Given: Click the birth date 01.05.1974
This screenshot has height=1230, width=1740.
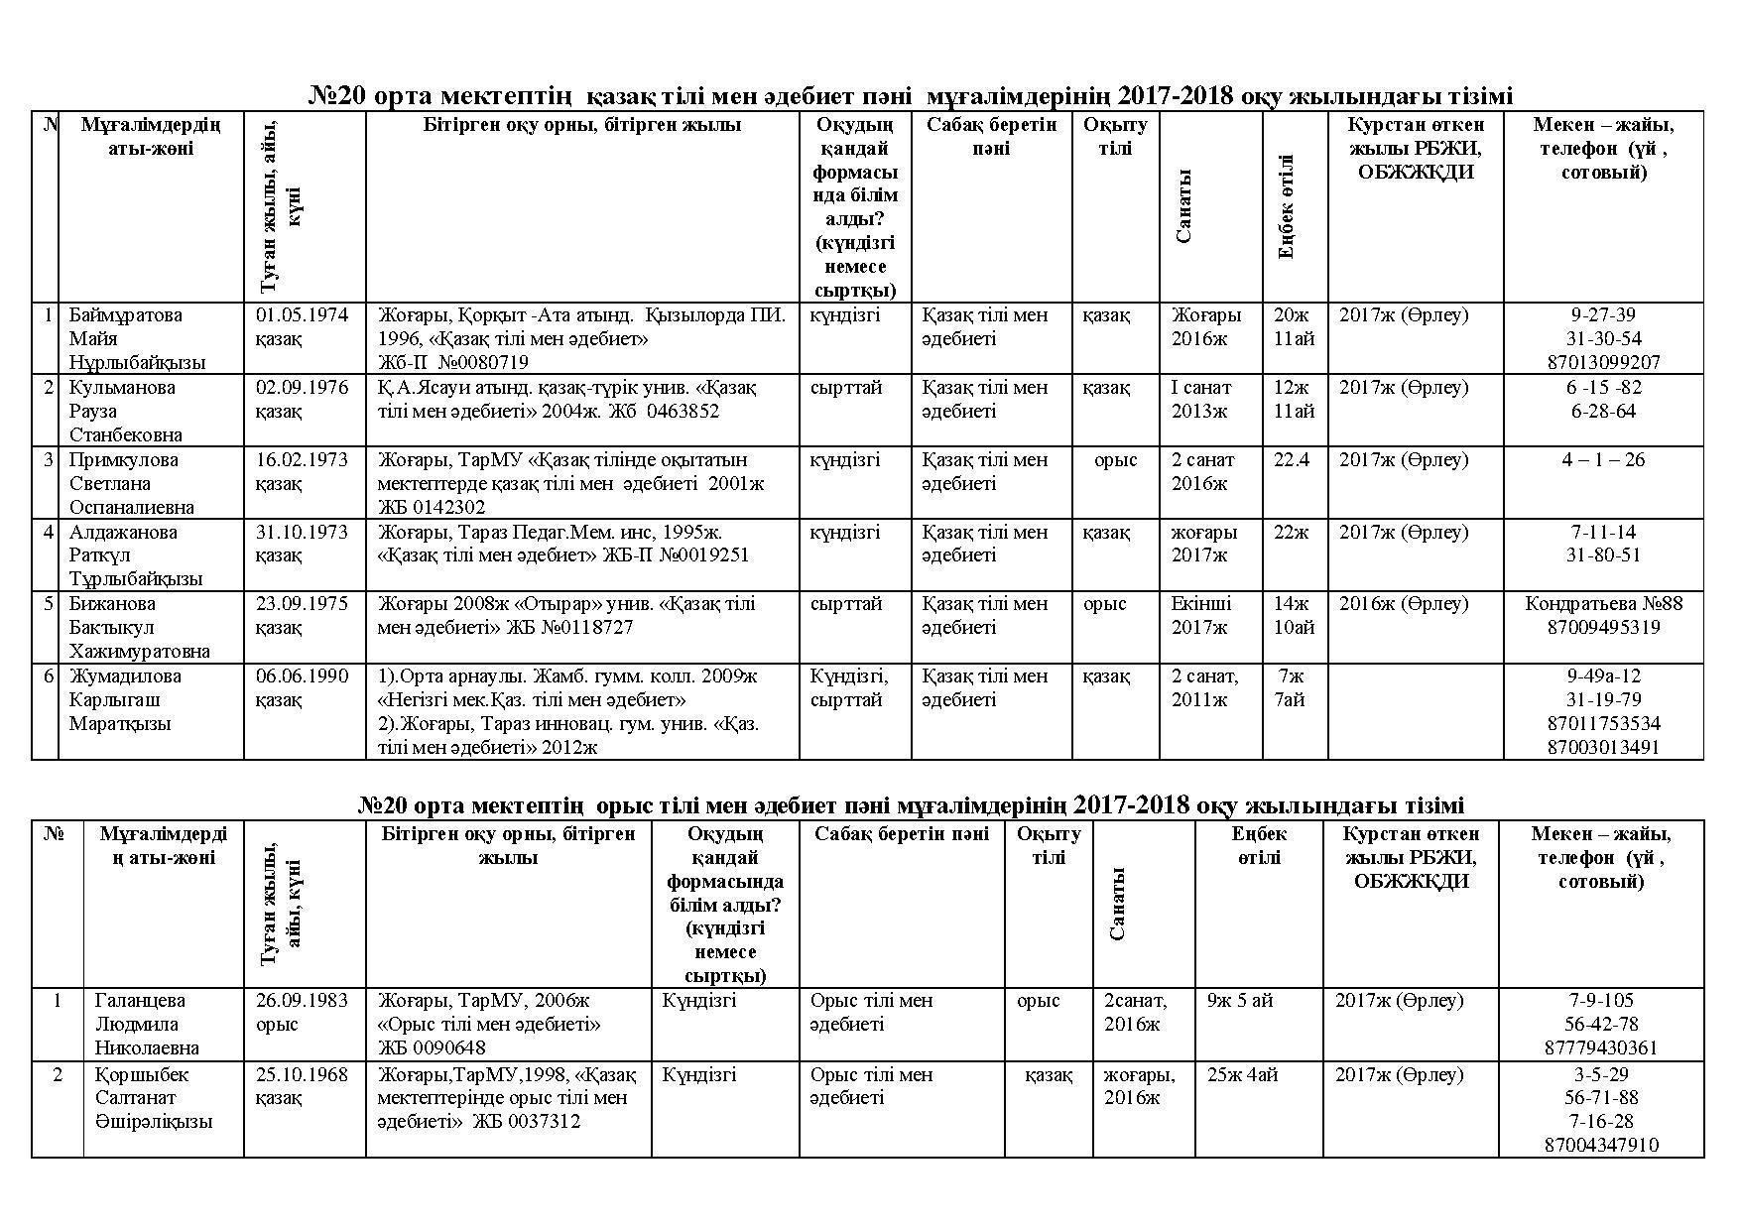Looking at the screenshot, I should tap(302, 315).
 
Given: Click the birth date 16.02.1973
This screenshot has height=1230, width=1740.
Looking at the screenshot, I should tap(302, 460).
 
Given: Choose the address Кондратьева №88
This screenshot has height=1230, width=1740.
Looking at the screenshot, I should tap(1603, 604).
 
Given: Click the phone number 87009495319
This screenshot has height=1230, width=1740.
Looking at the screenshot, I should tap(1603, 628).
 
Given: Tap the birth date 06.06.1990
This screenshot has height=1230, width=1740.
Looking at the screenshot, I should tap(302, 676).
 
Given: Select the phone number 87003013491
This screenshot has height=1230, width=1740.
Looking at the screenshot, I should tap(1603, 748).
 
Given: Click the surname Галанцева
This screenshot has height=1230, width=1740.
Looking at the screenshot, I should tap(140, 1001).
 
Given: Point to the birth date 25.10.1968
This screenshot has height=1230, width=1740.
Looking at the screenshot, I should tap(302, 1075).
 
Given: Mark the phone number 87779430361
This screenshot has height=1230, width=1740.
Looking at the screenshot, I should tap(1601, 1048).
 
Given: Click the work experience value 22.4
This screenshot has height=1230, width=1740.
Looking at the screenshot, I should tap(1292, 460).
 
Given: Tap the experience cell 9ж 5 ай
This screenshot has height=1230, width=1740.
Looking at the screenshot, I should tap(1239, 1001).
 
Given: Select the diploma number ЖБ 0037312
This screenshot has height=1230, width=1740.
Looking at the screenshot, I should tap(526, 1122).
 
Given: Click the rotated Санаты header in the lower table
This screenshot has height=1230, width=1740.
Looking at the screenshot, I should tap(1118, 904).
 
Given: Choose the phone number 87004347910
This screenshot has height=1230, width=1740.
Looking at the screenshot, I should tap(1601, 1146).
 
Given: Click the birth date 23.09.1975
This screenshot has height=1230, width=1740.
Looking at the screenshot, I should tap(302, 604).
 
